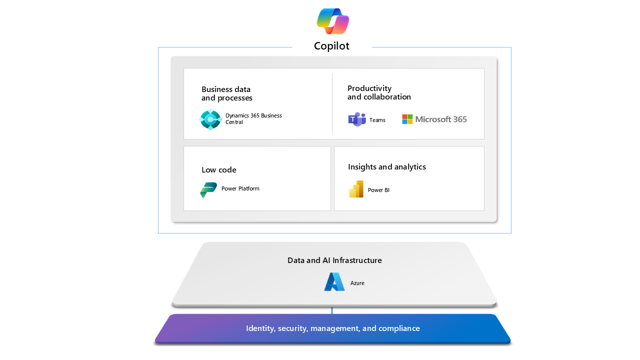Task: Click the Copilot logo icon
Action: (332, 21)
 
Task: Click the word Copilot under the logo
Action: (331, 46)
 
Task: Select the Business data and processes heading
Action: (227, 93)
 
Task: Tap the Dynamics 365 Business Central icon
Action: (210, 119)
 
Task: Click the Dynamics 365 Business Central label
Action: (253, 119)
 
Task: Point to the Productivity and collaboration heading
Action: (379, 92)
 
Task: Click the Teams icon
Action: (357, 119)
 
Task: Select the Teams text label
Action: (377, 120)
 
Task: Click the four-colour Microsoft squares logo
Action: (407, 119)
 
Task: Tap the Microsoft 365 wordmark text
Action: (441, 119)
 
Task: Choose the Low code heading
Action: (219, 170)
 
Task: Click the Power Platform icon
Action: (208, 189)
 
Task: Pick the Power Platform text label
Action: (240, 188)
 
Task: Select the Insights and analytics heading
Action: (387, 167)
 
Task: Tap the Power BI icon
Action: (356, 189)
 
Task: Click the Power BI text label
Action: (378, 190)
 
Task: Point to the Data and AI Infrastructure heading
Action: (334, 260)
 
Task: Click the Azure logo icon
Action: (334, 282)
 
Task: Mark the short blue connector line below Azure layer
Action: (332, 310)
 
